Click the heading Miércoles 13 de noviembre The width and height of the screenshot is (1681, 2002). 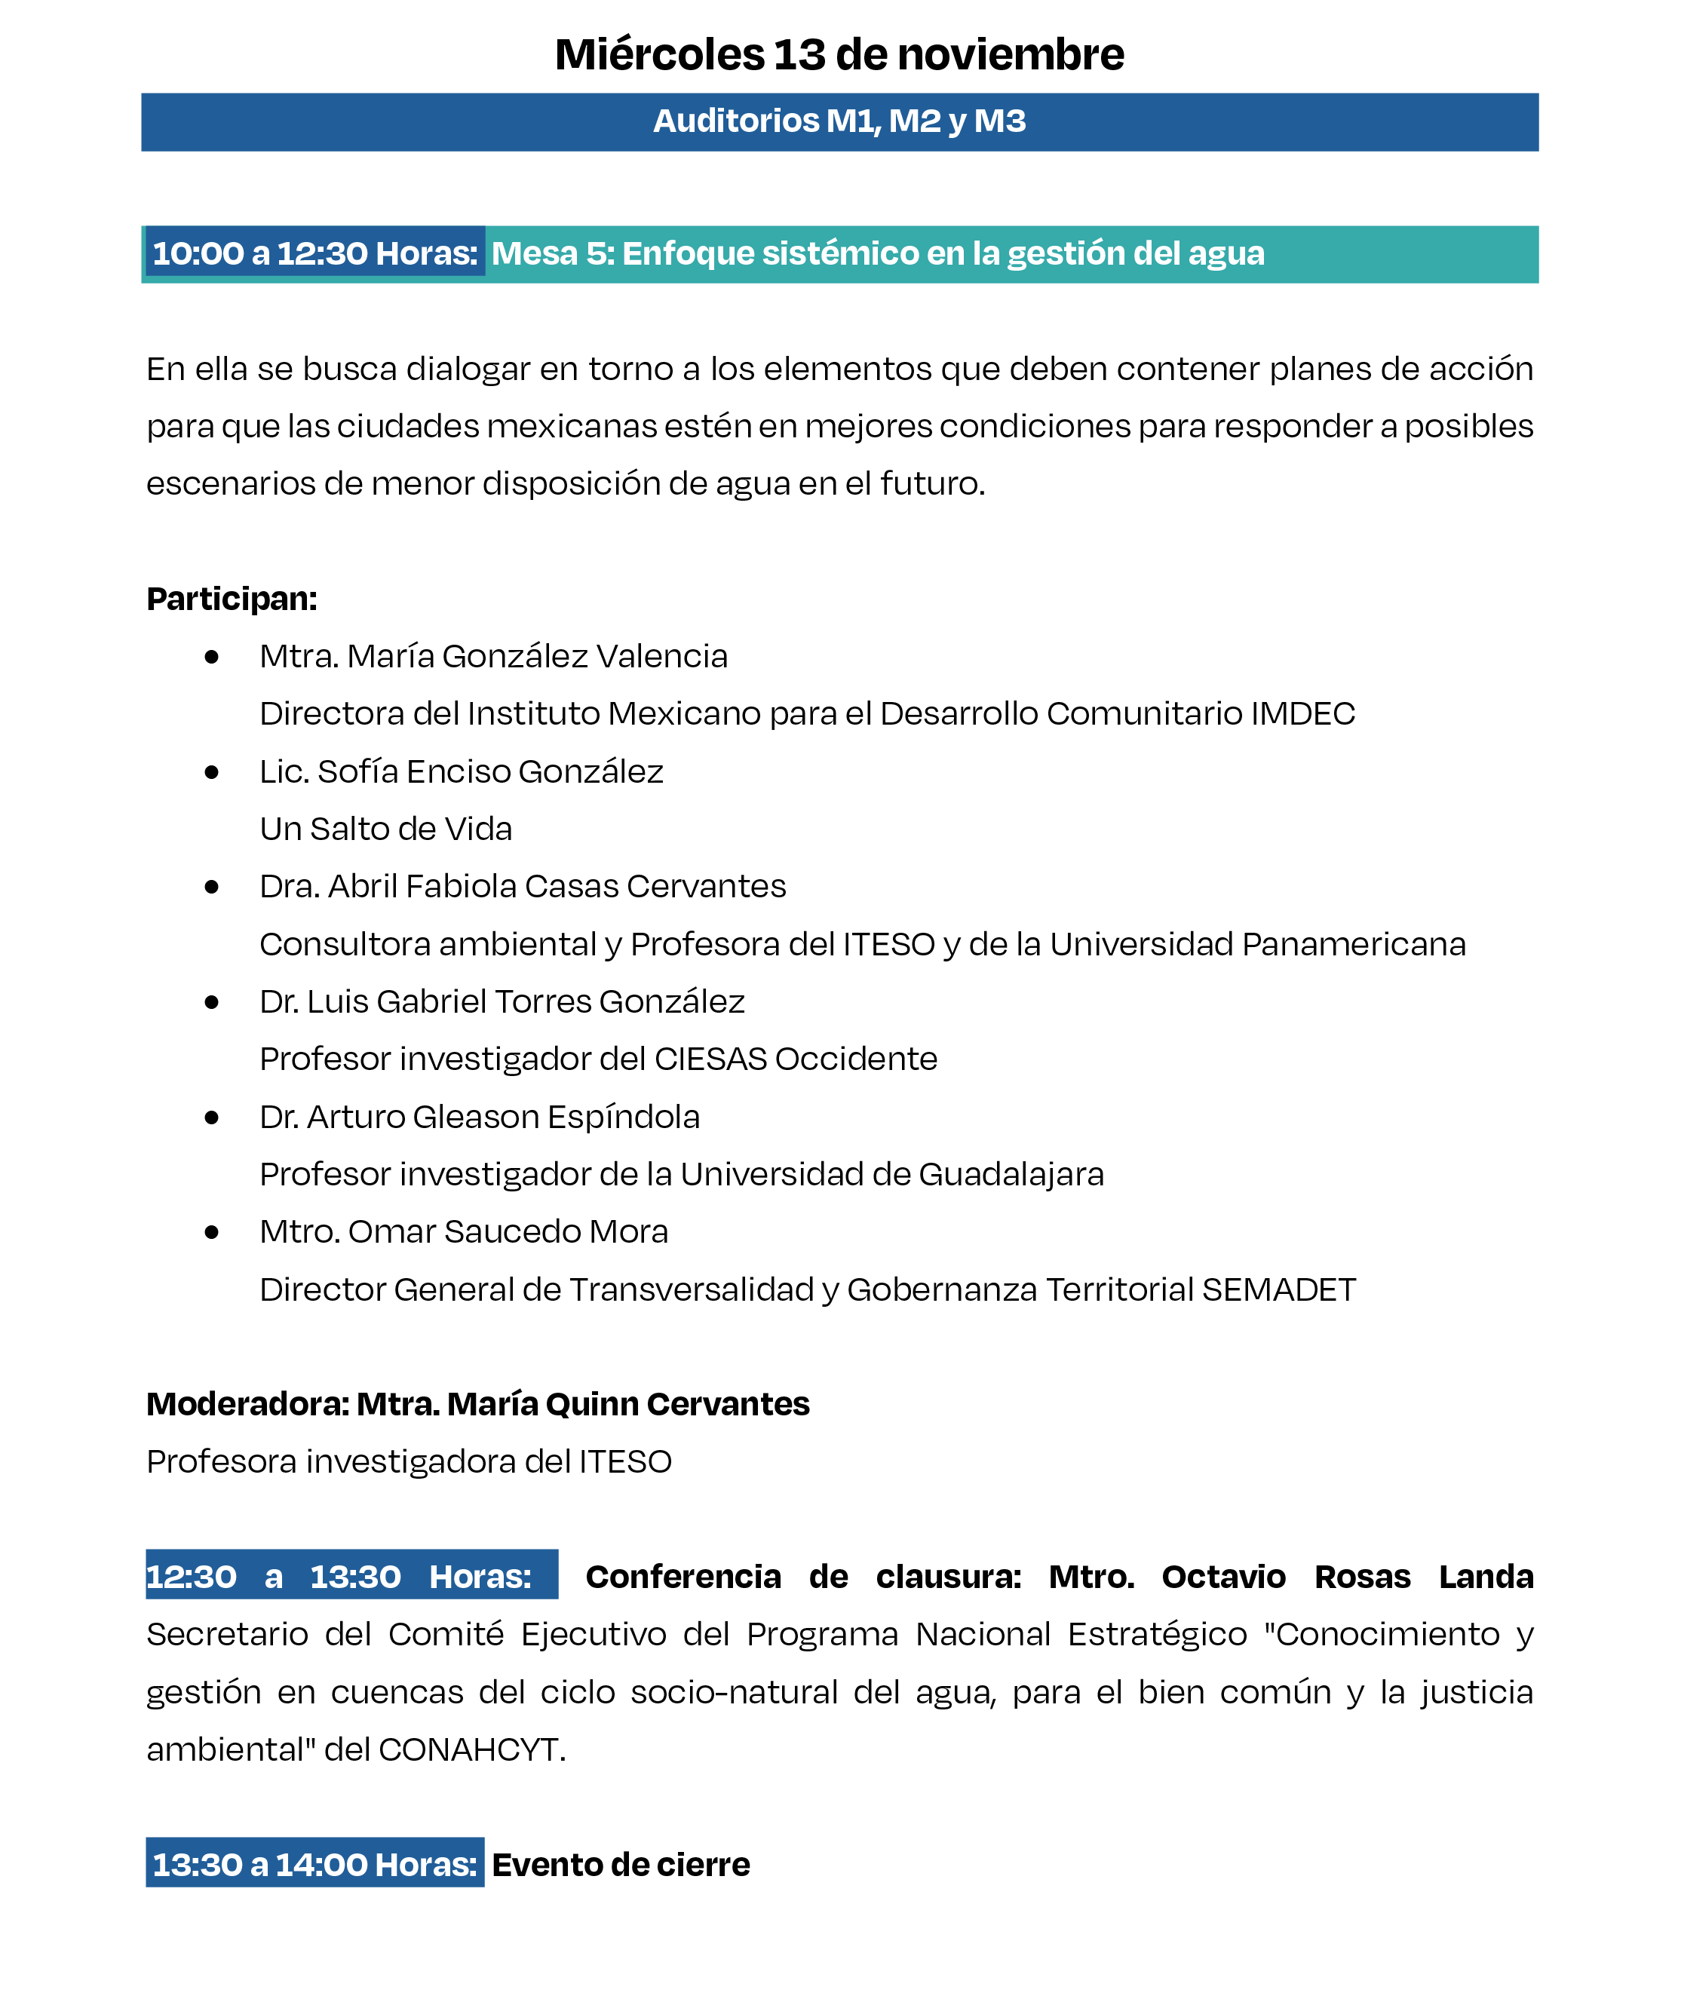(x=839, y=54)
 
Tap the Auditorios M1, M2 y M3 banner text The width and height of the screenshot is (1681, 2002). (x=839, y=121)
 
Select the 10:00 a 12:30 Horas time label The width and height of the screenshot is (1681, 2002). (x=314, y=253)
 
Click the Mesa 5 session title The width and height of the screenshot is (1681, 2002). (x=877, y=253)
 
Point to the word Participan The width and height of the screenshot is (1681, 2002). (x=231, y=599)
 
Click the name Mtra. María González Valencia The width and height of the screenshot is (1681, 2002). (x=493, y=656)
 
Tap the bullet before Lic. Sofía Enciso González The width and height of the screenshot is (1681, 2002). (x=212, y=771)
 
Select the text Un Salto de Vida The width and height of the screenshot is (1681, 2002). (x=385, y=829)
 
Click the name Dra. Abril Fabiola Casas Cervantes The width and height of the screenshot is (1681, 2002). (x=523, y=886)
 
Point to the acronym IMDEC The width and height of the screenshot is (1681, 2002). (x=1302, y=713)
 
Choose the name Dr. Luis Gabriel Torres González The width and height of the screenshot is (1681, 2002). (x=502, y=1001)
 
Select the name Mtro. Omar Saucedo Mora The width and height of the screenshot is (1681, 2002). (x=463, y=1231)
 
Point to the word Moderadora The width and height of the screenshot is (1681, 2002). (x=247, y=1403)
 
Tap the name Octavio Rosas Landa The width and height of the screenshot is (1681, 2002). (x=1346, y=1576)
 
